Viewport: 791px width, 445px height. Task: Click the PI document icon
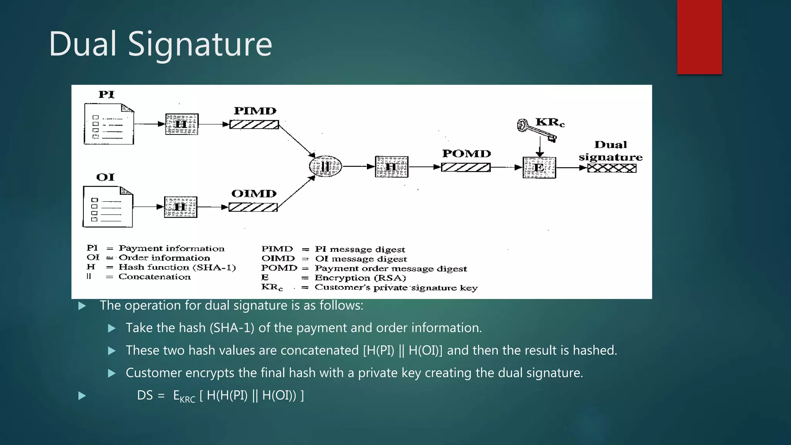pyautogui.click(x=109, y=124)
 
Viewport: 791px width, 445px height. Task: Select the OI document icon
pyautogui.click(x=108, y=207)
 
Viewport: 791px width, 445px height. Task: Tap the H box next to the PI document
pyautogui.click(x=182, y=124)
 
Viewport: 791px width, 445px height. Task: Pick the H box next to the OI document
pyautogui.click(x=180, y=207)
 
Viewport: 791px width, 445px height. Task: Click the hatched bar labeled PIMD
pyautogui.click(x=254, y=125)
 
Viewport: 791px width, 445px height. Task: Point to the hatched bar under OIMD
pyautogui.click(x=253, y=207)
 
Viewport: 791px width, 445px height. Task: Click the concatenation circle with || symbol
pyautogui.click(x=326, y=166)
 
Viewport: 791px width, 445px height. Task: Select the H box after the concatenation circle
pyautogui.click(x=391, y=167)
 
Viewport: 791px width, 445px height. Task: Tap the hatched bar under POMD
pyautogui.click(x=465, y=167)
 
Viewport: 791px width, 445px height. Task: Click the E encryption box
pyautogui.click(x=539, y=168)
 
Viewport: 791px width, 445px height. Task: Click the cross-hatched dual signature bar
pyautogui.click(x=611, y=168)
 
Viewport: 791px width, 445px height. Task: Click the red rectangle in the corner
pyautogui.click(x=699, y=37)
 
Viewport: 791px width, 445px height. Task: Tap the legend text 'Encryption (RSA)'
pyautogui.click(x=360, y=278)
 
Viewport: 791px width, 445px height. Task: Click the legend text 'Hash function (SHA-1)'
pyautogui.click(x=177, y=267)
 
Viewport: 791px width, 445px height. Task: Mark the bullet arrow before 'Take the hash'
pyautogui.click(x=112, y=329)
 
